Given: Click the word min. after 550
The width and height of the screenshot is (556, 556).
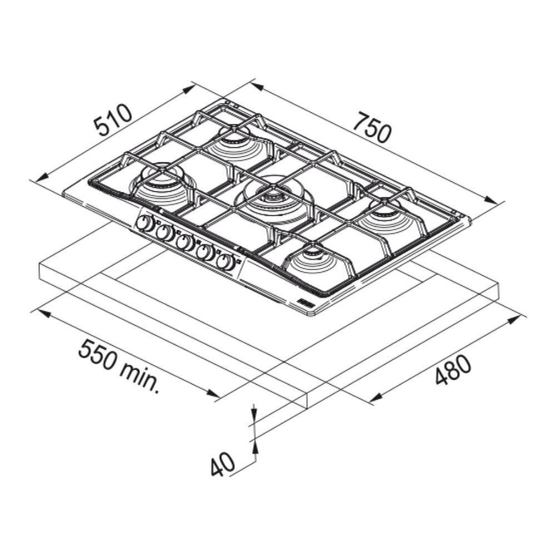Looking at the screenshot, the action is pyautogui.click(x=140, y=379).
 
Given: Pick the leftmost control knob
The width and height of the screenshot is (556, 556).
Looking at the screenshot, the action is pyautogui.click(x=143, y=223).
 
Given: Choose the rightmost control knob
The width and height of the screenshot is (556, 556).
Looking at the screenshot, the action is pyautogui.click(x=225, y=263).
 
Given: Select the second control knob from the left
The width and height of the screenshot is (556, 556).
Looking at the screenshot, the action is pyautogui.click(x=163, y=232).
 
